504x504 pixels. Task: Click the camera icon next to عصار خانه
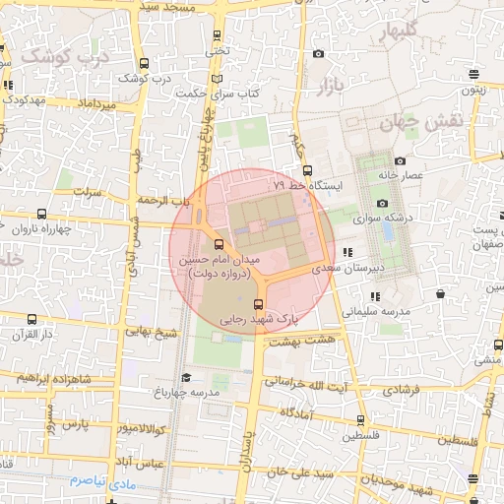click(x=400, y=160)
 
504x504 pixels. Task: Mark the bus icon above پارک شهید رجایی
click(x=259, y=304)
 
